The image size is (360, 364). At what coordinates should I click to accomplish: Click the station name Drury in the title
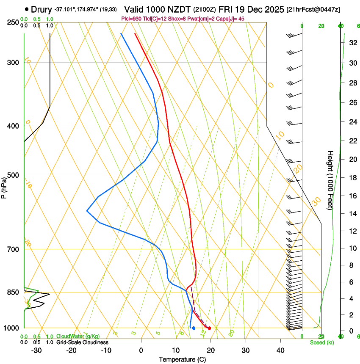point(42,9)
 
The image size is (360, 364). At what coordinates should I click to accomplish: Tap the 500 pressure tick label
point(13,175)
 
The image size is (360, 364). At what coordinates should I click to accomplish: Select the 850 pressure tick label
point(13,292)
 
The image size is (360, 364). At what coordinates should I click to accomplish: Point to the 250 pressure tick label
point(13,22)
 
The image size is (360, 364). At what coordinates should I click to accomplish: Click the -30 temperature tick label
point(36,350)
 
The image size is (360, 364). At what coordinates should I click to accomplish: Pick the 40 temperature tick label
point(280,350)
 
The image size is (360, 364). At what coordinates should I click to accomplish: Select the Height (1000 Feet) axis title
point(331,180)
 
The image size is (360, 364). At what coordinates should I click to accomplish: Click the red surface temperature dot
point(209,328)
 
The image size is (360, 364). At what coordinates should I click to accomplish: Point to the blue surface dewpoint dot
point(194,328)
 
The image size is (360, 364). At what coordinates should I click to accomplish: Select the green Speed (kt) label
point(322,342)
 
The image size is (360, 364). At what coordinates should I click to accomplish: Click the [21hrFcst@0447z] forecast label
point(313,9)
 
